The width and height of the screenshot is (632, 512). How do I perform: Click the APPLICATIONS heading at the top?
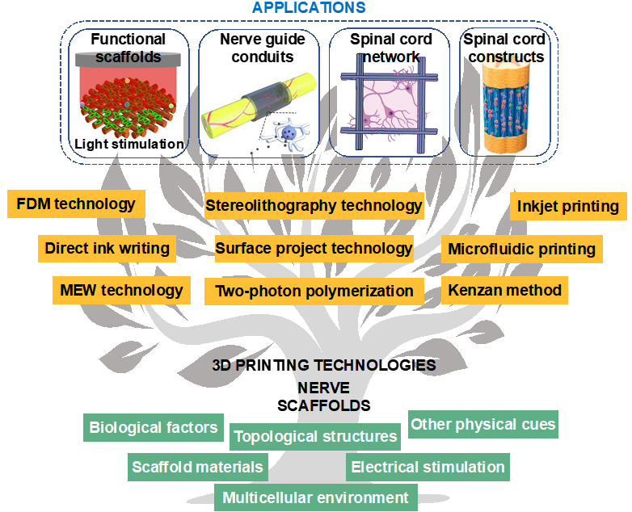click(x=309, y=8)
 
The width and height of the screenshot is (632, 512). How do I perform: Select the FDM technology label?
click(x=76, y=204)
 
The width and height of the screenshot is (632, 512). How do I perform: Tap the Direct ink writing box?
click(x=107, y=248)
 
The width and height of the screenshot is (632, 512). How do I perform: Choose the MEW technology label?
click(x=122, y=290)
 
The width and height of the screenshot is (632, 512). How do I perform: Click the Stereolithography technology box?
click(x=314, y=206)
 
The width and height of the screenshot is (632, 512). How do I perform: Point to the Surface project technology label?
click(x=314, y=248)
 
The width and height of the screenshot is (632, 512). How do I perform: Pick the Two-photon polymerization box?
click(x=314, y=291)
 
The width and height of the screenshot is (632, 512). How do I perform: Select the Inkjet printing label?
click(x=568, y=206)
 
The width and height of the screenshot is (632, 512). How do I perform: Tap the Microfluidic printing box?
click(x=521, y=249)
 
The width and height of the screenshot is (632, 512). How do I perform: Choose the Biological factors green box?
click(x=154, y=427)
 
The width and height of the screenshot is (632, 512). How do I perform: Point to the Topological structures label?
click(x=315, y=437)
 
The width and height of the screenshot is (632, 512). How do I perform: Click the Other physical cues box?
click(x=483, y=424)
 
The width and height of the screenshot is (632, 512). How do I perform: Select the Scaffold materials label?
click(x=198, y=467)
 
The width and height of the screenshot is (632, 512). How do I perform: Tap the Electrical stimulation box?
click(x=428, y=467)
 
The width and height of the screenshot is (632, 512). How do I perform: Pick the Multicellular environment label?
click(x=316, y=497)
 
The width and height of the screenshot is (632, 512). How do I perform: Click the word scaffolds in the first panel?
click(x=129, y=57)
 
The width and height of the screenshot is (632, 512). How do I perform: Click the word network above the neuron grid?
click(x=391, y=57)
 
